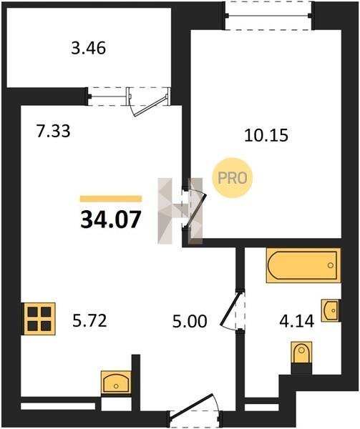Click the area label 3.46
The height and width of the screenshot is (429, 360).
pyautogui.click(x=89, y=49)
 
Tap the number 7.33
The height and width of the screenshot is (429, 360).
pyautogui.click(x=54, y=131)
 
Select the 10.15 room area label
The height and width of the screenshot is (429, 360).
pyautogui.click(x=266, y=135)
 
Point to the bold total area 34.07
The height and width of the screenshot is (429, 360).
pyautogui.click(x=111, y=220)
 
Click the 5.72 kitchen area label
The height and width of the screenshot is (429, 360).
pyautogui.click(x=89, y=320)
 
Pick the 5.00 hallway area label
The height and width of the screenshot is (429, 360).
pyautogui.click(x=190, y=321)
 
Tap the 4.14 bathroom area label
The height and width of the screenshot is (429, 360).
pyautogui.click(x=296, y=321)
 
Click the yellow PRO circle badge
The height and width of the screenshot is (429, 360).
pyautogui.click(x=232, y=178)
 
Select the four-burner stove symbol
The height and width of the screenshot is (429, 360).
pyautogui.click(x=39, y=319)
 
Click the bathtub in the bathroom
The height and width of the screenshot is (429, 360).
pyautogui.click(x=303, y=265)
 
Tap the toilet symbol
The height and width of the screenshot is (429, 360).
pyautogui.click(x=301, y=352)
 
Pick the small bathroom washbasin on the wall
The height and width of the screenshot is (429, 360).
pyautogui.click(x=331, y=310)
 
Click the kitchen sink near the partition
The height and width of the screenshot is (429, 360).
pyautogui.click(x=116, y=383)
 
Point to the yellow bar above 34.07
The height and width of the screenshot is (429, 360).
pyautogui.click(x=111, y=199)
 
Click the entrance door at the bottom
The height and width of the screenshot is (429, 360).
pyautogui.click(x=195, y=410)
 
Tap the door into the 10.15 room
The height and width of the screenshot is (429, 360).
pyautogui.click(x=195, y=207)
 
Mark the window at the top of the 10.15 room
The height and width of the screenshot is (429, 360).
pyautogui.click(x=268, y=16)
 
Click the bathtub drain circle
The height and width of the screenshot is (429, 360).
pyautogui.click(x=331, y=265)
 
